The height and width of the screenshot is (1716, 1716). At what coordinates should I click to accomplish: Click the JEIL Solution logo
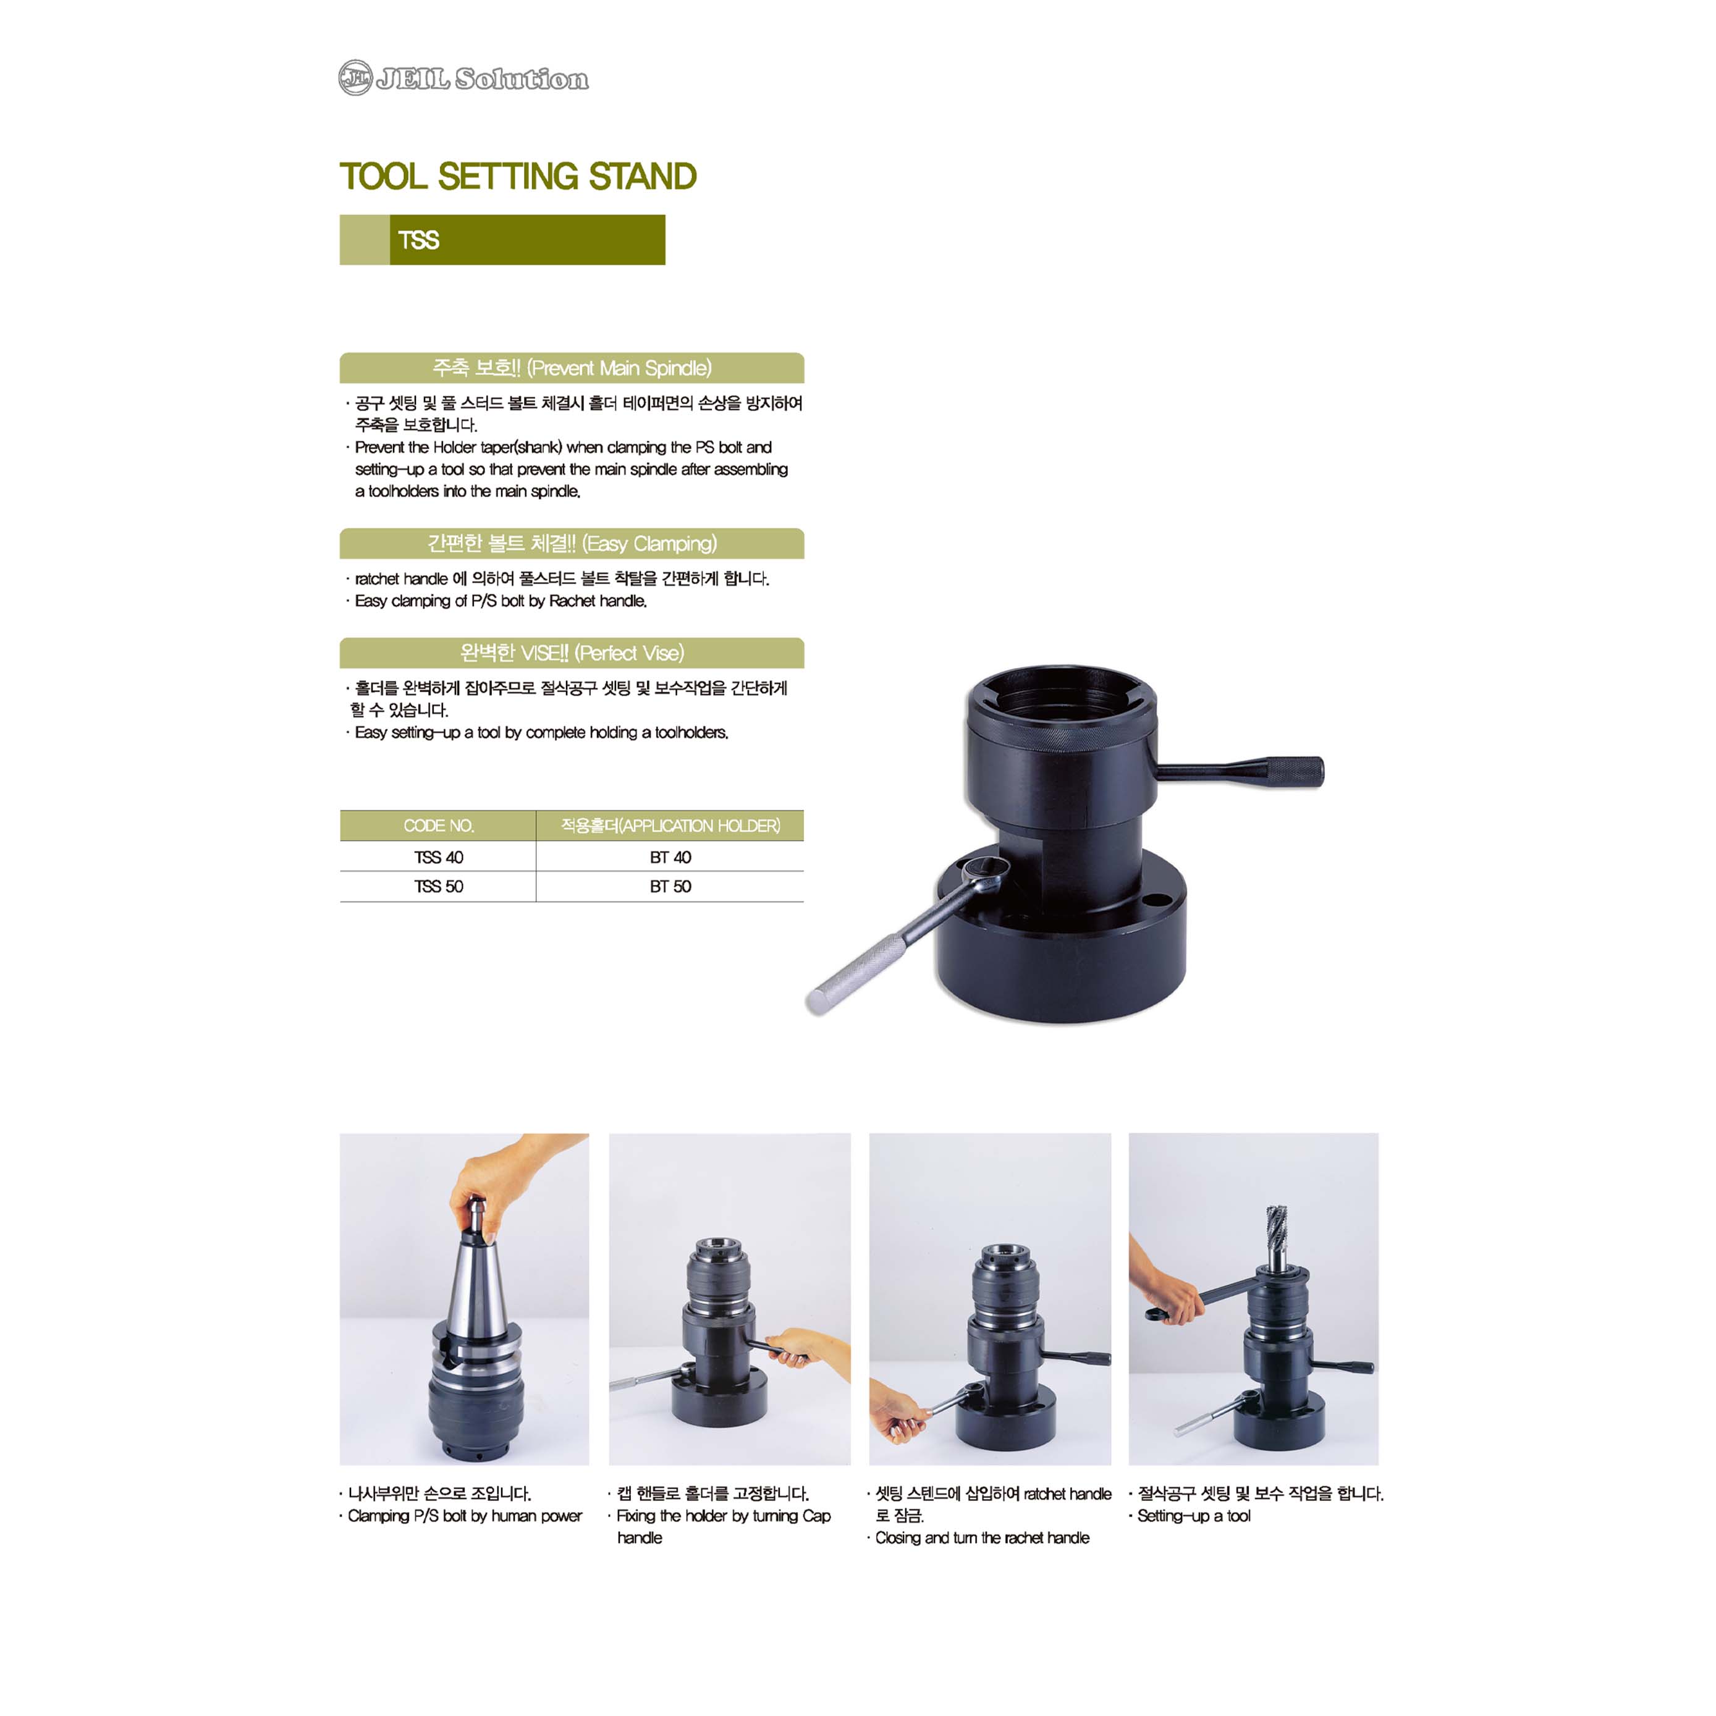463,78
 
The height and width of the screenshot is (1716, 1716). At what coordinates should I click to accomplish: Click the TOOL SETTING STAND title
518,176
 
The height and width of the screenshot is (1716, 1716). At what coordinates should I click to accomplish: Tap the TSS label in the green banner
418,240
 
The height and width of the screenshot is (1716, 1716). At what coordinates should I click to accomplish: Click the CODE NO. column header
439,825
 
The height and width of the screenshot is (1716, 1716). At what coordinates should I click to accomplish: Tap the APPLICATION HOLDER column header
670,825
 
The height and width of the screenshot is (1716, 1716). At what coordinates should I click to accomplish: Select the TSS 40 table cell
439,857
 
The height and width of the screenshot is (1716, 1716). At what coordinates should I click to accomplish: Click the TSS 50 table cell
439,886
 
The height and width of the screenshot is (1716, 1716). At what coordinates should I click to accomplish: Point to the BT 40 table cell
670,857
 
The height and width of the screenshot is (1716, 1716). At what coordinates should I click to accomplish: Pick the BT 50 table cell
670,886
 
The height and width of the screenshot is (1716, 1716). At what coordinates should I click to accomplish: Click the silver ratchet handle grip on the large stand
857,974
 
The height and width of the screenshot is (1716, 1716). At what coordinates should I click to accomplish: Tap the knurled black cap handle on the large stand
1294,770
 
